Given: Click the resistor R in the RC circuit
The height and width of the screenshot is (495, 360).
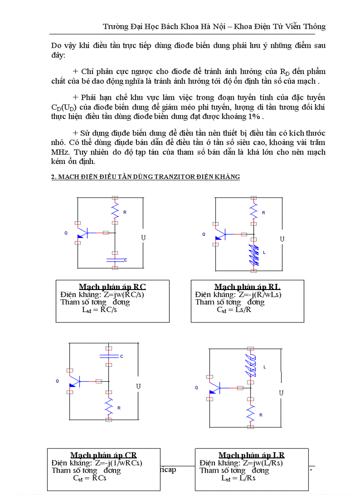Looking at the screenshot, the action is [x=115, y=212].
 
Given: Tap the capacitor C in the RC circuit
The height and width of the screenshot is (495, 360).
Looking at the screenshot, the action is [x=115, y=260].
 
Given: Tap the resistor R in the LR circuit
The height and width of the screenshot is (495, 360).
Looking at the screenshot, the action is [x=251, y=414].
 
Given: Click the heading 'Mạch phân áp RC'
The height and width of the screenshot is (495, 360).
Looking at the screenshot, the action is [x=112, y=287].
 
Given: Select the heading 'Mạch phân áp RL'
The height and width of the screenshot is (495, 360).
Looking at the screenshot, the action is [x=247, y=287].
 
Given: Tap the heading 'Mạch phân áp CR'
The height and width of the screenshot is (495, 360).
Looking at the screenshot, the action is [x=103, y=455].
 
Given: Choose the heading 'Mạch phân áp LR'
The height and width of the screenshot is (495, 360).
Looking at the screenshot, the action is [x=251, y=455].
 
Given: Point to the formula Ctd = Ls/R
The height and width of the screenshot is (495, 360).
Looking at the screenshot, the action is [x=235, y=309].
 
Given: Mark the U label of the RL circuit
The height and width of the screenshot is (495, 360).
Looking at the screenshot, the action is [x=282, y=239].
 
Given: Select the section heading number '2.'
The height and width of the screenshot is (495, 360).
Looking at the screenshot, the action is [x=54, y=177].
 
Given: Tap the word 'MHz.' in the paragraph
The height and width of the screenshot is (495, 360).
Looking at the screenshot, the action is [x=60, y=152].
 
